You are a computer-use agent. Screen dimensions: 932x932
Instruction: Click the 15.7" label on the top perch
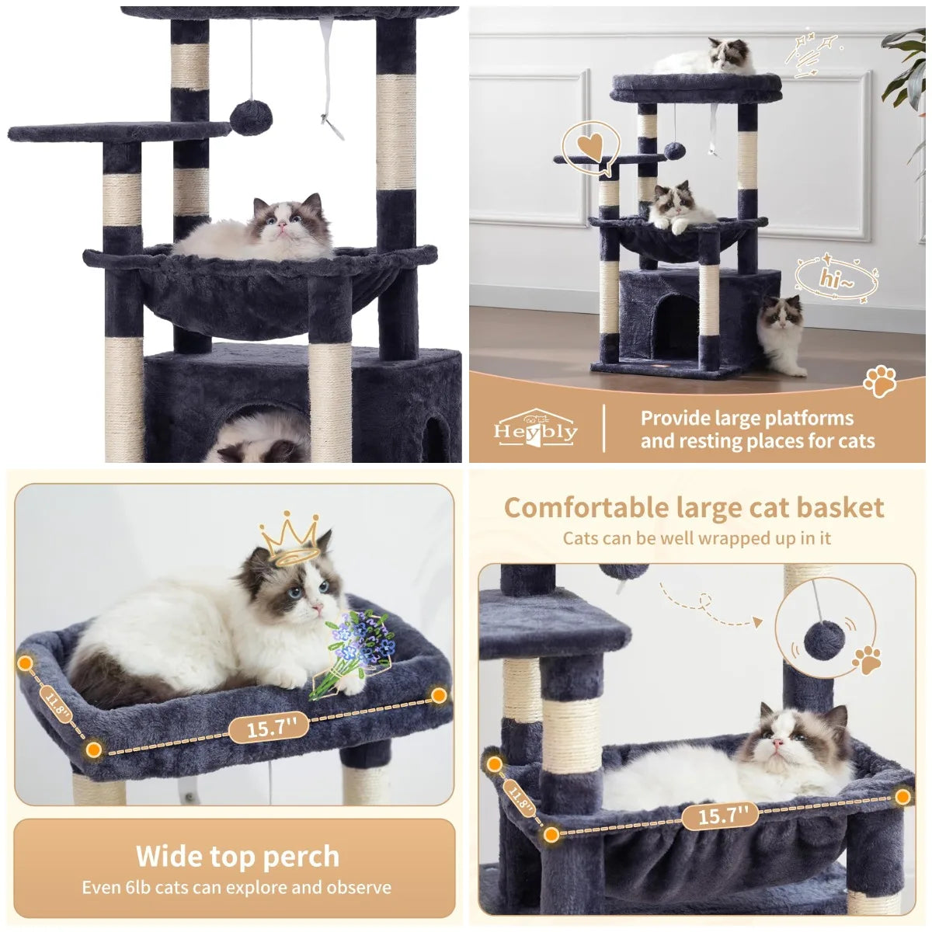pos(269,728)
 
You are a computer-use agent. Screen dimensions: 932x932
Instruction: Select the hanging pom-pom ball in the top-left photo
pos(250,117)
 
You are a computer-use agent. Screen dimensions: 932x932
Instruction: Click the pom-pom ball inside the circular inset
pos(822,638)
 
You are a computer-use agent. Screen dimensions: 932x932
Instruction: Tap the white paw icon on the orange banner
pos(880,381)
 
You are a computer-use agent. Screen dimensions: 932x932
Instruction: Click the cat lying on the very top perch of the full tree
pos(705,58)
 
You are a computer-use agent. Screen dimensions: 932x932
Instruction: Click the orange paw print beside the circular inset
pos(867,659)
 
